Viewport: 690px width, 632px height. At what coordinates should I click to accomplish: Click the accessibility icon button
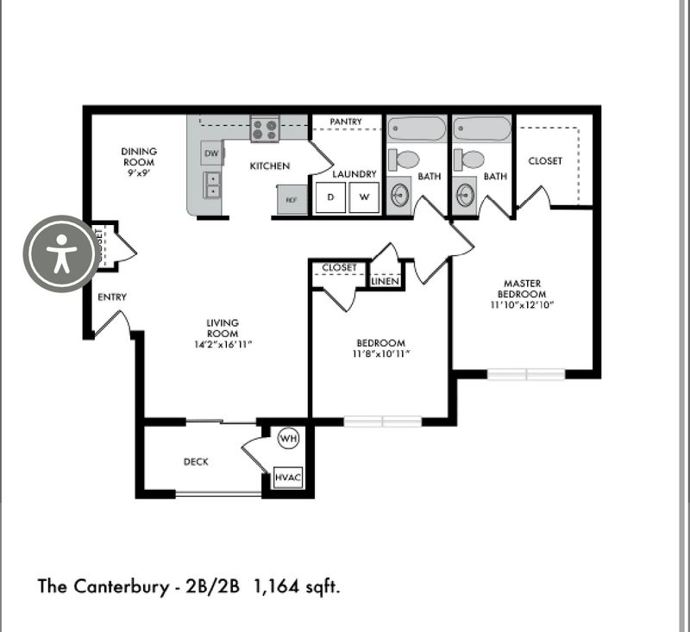point(60,253)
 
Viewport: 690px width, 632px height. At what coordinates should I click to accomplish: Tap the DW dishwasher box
point(211,153)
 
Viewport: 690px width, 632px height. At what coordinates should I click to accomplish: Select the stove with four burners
point(265,130)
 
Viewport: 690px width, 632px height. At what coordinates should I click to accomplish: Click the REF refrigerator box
point(292,199)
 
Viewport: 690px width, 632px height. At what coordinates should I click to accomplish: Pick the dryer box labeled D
point(329,197)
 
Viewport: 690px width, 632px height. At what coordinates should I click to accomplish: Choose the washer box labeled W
point(364,197)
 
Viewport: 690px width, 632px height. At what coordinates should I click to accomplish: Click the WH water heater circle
point(288,439)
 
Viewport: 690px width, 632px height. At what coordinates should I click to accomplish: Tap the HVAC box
point(288,477)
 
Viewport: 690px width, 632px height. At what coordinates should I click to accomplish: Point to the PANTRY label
point(345,122)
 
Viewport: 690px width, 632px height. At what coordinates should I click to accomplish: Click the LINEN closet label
point(386,281)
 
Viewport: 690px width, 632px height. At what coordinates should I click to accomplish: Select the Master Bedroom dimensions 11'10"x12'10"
point(521,304)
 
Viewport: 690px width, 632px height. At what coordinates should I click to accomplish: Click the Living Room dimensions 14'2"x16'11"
point(222,345)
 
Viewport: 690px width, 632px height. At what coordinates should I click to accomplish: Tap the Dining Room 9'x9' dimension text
point(138,172)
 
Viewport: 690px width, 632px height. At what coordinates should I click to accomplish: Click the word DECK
point(196,461)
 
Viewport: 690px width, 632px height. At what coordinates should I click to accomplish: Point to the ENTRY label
point(112,297)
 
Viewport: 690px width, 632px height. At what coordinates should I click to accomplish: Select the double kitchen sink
point(211,185)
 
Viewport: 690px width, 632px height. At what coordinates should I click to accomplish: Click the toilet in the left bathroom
point(405,160)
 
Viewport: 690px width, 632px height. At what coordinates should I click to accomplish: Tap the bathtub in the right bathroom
point(483,129)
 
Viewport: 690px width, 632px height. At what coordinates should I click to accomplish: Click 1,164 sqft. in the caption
point(298,587)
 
